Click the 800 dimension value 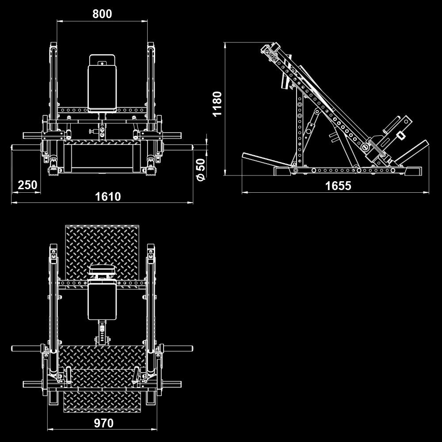pyautogui.click(x=102, y=14)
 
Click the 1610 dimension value pyautogui.click(x=108, y=196)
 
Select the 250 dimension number pyautogui.click(x=27, y=185)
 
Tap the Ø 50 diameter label pyautogui.click(x=201, y=169)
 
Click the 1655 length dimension pyautogui.click(x=338, y=186)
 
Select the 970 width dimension pyautogui.click(x=103, y=423)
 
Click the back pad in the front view pyautogui.click(x=102, y=87)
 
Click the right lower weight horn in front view pyautogui.click(x=179, y=147)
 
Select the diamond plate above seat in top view pyautogui.click(x=102, y=245)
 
